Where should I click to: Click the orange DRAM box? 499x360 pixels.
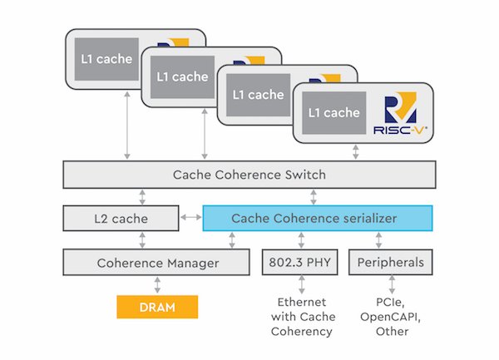click(x=156, y=306)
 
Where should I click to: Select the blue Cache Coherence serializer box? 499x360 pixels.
click(x=318, y=219)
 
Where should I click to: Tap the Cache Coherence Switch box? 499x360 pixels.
click(x=249, y=175)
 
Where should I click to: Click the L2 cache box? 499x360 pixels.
click(x=121, y=219)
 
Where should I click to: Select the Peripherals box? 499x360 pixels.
click(x=391, y=263)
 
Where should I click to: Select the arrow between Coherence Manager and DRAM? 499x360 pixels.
click(x=156, y=284)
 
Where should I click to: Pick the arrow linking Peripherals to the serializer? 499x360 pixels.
click(x=380, y=240)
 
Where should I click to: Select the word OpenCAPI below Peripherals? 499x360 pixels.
click(x=391, y=318)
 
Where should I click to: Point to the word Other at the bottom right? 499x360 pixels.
click(x=391, y=332)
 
